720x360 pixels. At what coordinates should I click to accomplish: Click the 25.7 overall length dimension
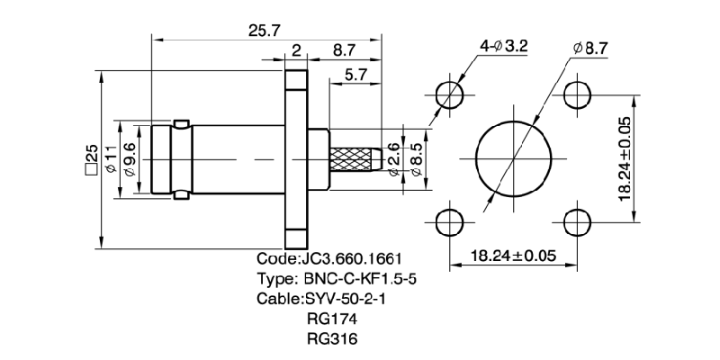261,30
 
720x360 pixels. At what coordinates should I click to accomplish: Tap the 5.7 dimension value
355,76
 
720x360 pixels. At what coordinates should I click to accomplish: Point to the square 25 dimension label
90,159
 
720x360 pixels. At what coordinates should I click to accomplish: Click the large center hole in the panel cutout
512,158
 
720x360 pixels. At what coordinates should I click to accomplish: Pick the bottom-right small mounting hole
578,222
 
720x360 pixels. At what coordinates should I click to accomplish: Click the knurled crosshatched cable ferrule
358,159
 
